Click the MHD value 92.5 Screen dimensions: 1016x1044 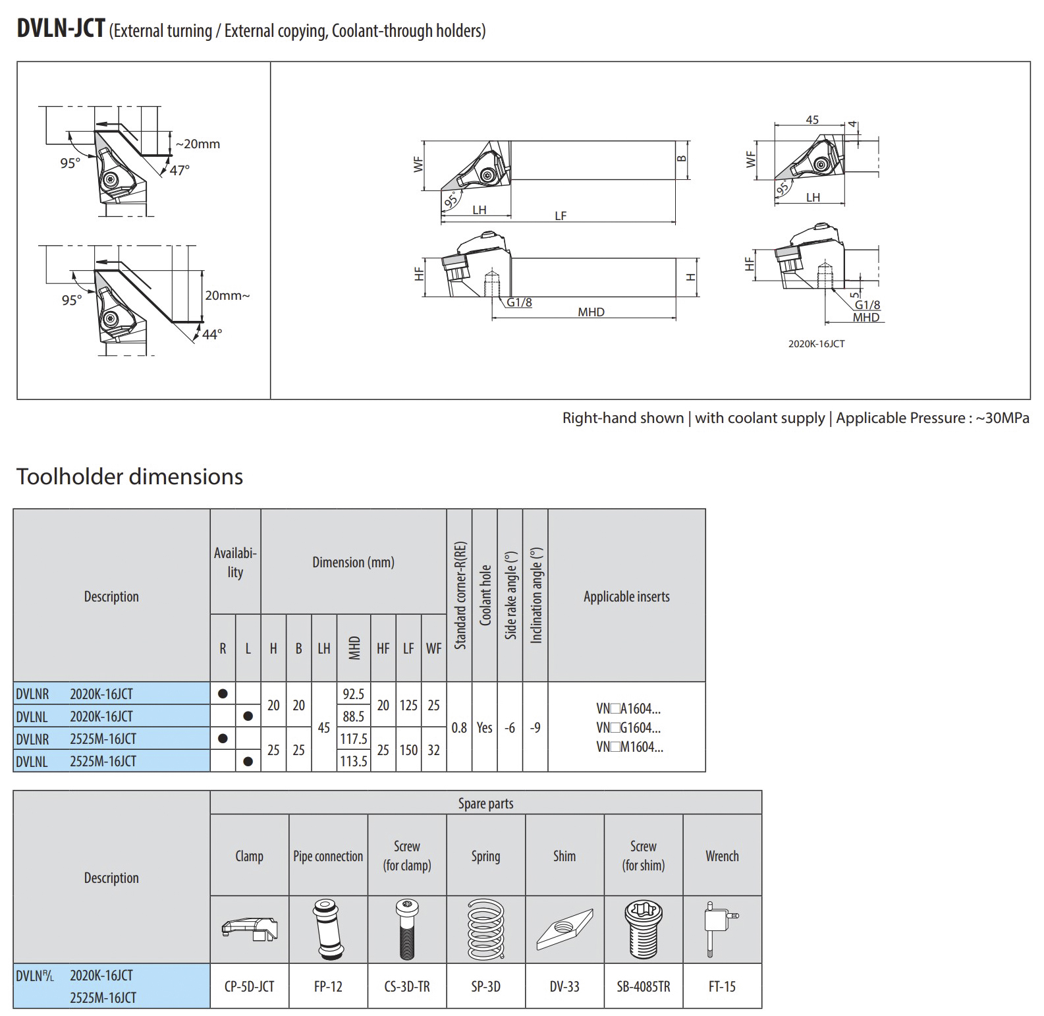coord(353,694)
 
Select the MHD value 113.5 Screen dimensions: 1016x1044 coord(353,761)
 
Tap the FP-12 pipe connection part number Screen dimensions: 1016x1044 coord(328,986)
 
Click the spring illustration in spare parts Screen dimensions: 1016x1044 coord(485,930)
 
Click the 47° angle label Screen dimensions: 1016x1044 coord(179,170)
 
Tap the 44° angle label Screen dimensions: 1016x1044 coord(211,335)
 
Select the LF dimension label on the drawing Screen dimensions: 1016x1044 coord(561,215)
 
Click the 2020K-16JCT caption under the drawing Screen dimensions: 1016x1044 coord(816,343)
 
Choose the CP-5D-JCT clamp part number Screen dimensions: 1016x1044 coord(249,986)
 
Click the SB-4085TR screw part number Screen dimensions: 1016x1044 coord(643,986)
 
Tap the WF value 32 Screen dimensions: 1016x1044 coord(433,750)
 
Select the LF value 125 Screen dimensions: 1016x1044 coord(408,705)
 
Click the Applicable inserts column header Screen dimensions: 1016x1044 coord(626,596)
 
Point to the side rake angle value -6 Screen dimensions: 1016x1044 coord(510,727)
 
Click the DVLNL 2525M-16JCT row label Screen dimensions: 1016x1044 coord(76,761)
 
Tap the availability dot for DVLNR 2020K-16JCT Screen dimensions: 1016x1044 coord(223,694)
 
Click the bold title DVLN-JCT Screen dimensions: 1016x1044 coord(61,28)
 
